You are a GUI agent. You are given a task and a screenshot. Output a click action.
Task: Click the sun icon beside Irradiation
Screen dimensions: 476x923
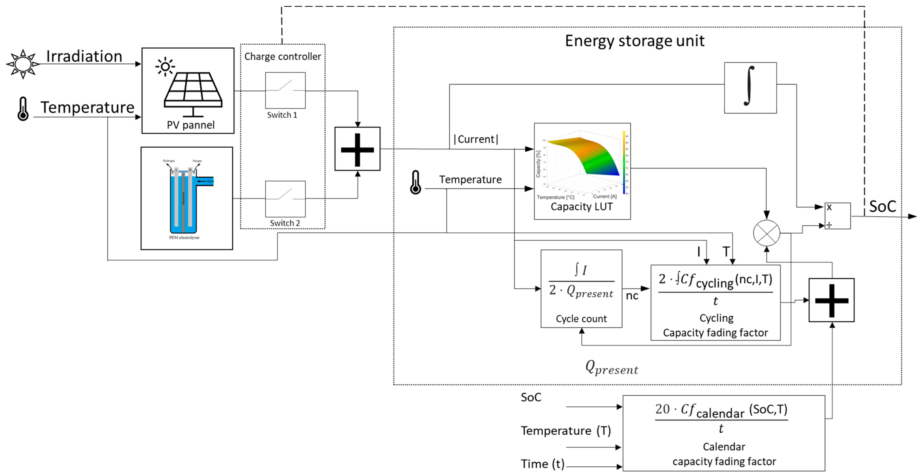point(23,64)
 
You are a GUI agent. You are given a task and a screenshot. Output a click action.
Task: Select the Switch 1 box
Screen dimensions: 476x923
point(285,90)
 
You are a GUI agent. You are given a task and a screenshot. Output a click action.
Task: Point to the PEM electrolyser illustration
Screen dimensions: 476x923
point(186,198)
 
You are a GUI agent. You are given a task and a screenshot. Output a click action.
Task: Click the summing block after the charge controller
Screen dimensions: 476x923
point(357,149)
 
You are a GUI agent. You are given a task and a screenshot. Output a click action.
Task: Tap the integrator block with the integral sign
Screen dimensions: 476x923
point(750,88)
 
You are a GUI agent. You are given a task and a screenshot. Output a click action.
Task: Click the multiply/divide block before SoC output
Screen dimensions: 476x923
point(837,216)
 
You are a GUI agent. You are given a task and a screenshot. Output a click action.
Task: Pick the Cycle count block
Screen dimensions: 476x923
point(581,289)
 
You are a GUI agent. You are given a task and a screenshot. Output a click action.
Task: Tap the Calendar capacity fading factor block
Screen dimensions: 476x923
point(723,433)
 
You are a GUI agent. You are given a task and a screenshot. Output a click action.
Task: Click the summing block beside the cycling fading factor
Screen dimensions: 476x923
point(831,300)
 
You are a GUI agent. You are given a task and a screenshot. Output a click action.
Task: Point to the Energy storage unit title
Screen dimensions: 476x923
point(635,41)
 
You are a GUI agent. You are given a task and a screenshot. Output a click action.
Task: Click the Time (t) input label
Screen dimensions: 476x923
point(542,464)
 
